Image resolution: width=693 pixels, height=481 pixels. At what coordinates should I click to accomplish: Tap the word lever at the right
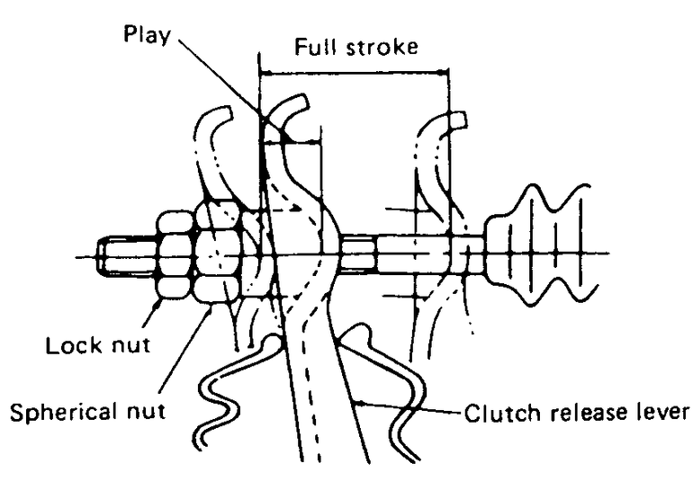pyautogui.click(x=661, y=414)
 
